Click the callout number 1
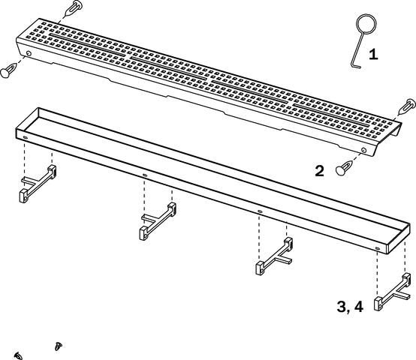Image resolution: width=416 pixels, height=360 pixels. tap(373, 54)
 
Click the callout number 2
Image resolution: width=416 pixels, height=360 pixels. tap(319, 171)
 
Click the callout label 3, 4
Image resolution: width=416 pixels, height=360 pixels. tap(350, 307)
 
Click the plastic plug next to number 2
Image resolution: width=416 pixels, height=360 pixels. tap(345, 167)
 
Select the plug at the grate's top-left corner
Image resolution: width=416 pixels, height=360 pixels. tap(74, 8)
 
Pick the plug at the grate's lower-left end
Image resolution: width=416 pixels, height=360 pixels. tap(8, 70)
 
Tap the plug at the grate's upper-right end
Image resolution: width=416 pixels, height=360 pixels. tap(408, 105)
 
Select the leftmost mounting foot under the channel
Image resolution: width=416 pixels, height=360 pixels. tap(38, 184)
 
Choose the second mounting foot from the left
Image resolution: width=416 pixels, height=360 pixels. tap(158, 221)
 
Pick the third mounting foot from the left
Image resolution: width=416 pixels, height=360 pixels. tap(274, 256)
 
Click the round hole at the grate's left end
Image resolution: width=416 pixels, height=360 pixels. tap(29, 53)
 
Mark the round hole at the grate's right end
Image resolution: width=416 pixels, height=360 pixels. tap(363, 150)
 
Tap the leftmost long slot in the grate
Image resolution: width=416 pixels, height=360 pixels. tap(87, 44)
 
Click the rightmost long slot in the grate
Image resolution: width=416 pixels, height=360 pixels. tap(331, 115)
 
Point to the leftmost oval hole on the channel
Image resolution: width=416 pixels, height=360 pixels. tap(26, 137)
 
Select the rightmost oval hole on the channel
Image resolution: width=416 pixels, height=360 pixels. tap(377, 248)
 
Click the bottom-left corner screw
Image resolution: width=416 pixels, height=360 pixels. tap(18, 355)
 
